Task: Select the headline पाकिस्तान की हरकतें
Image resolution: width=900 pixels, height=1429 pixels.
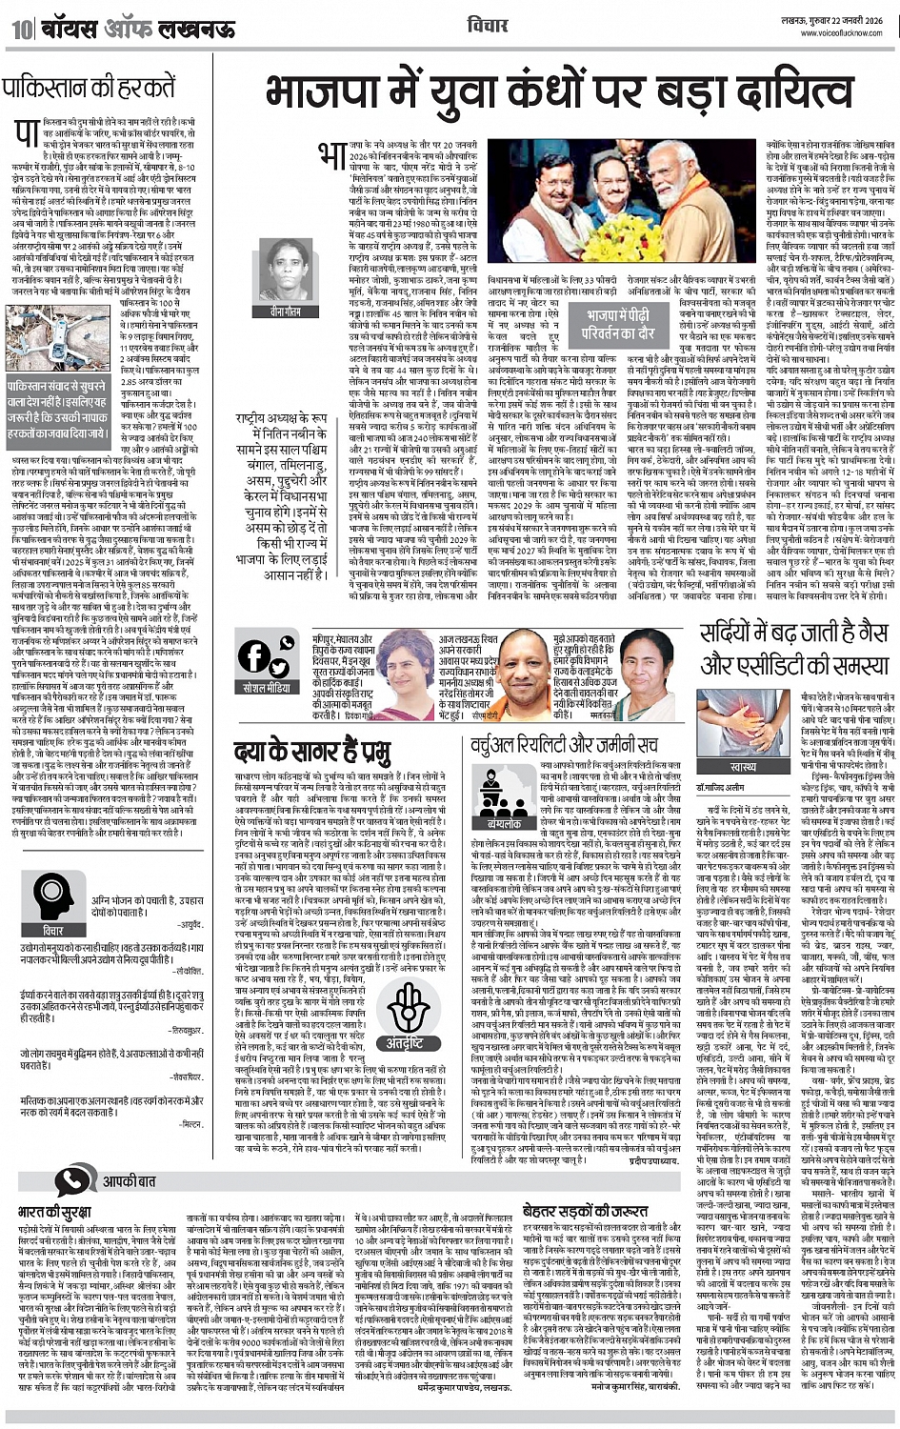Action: click(89, 90)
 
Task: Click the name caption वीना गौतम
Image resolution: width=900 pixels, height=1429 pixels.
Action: click(285, 312)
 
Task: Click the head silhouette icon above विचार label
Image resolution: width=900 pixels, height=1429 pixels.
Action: click(53, 892)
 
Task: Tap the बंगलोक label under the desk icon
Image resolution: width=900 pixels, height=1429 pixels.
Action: click(504, 823)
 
